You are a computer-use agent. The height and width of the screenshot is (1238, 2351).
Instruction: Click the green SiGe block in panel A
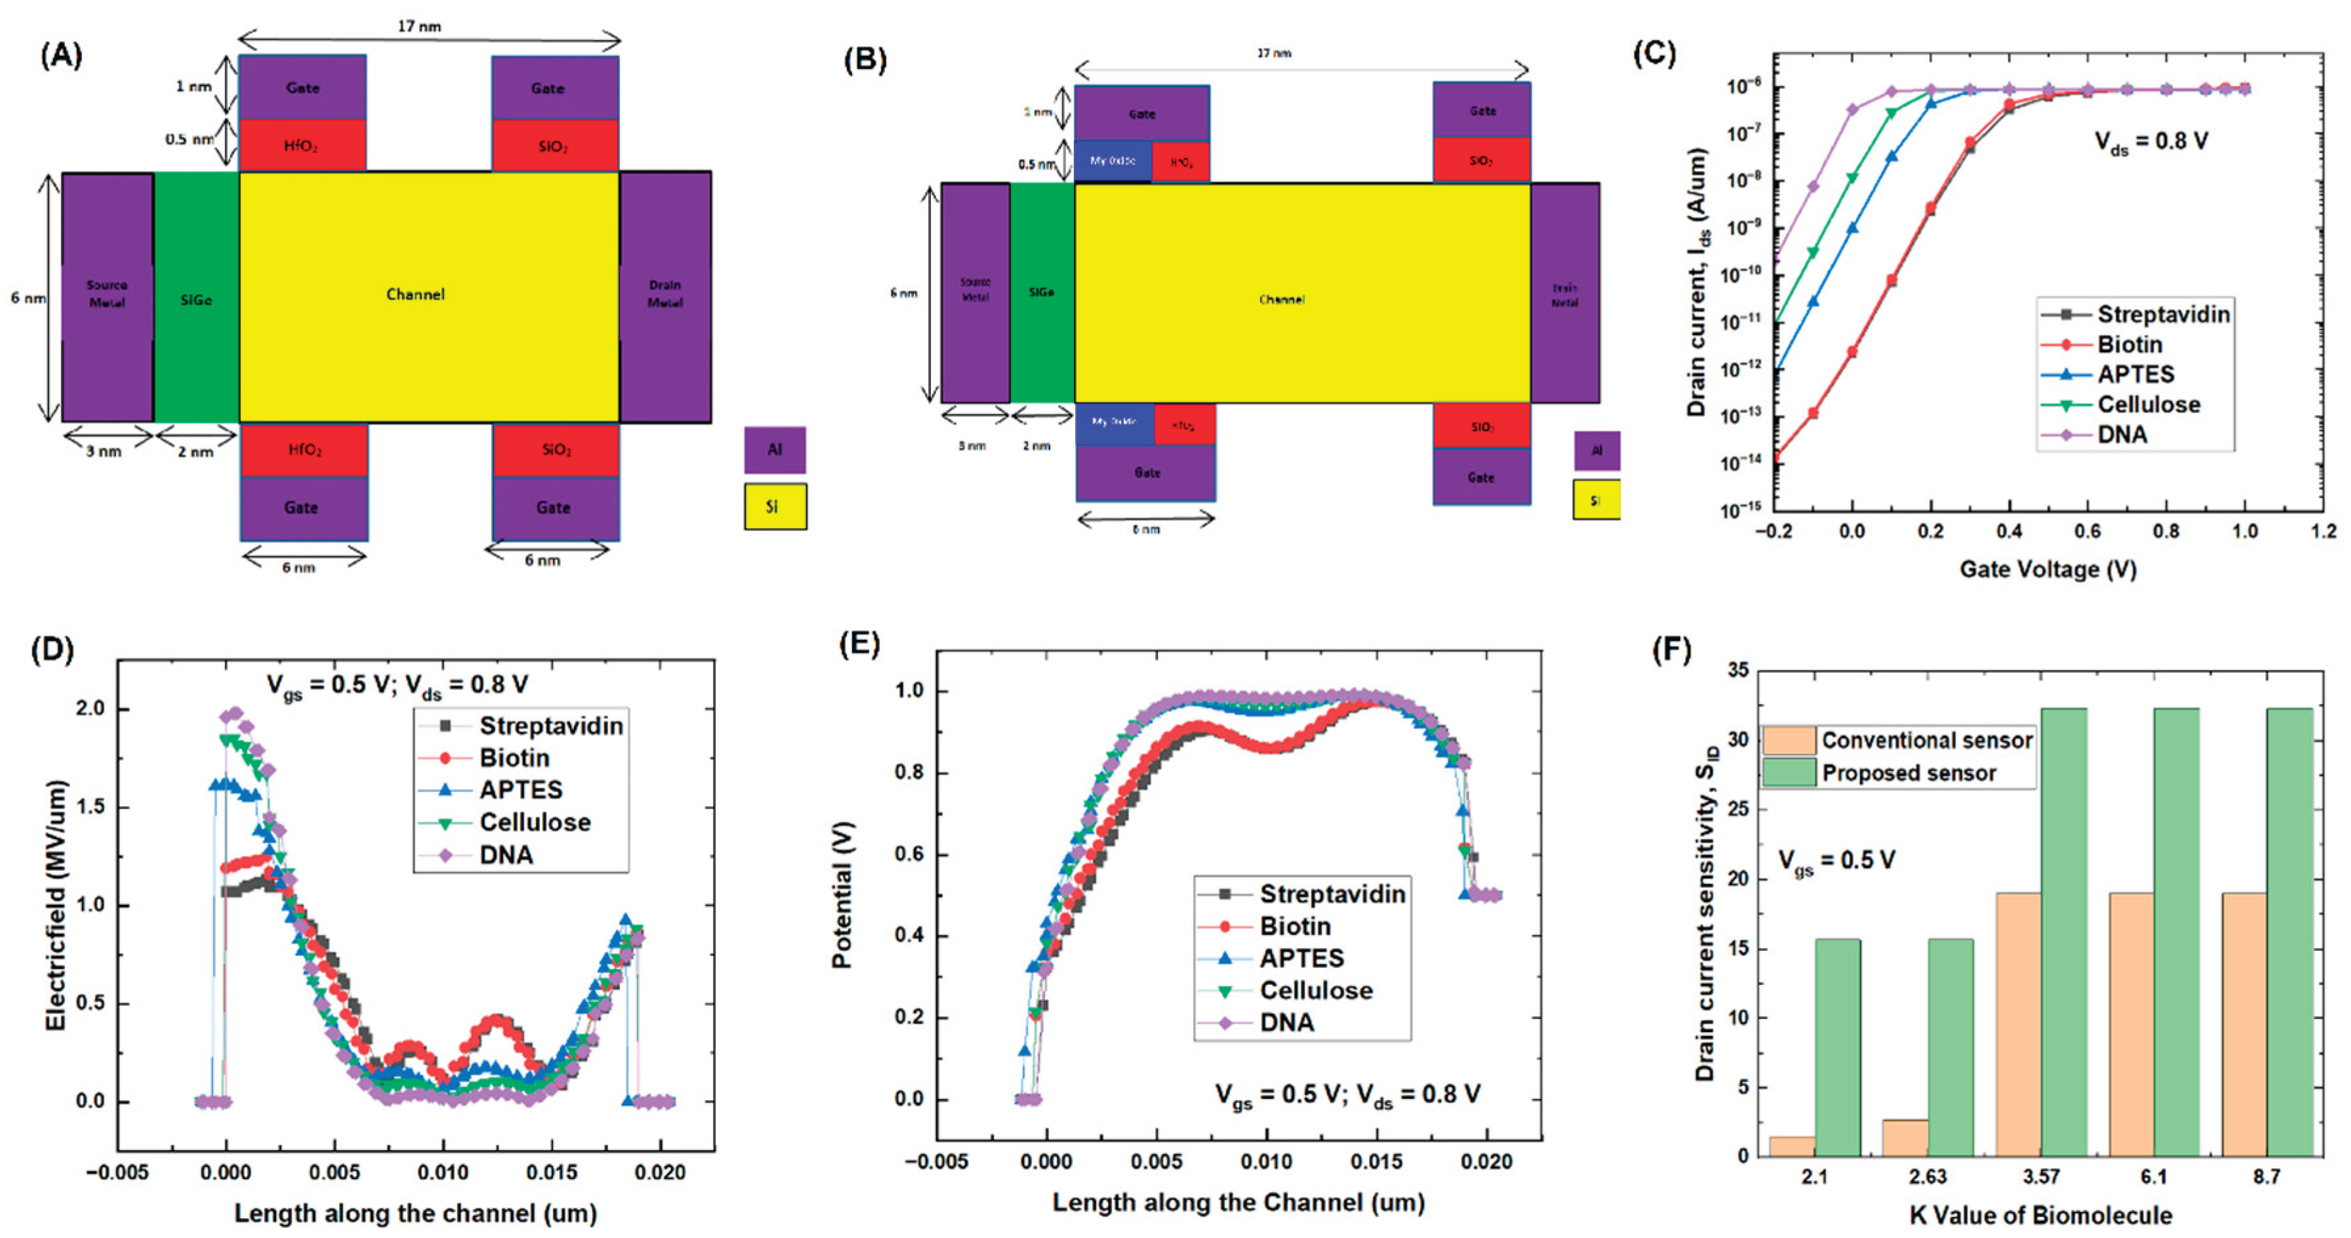coord(196,298)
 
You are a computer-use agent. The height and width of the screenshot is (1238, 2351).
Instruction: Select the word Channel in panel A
coord(415,294)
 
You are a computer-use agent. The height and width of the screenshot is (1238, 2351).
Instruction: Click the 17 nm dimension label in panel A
coord(419,26)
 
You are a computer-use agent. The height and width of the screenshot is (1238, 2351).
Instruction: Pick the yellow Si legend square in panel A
coord(774,506)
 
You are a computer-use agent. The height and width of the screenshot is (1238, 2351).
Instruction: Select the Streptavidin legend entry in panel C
coord(2162,314)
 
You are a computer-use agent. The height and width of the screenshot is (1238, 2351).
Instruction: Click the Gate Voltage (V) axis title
coord(2048,569)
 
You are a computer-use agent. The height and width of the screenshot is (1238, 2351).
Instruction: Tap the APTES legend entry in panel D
coord(520,790)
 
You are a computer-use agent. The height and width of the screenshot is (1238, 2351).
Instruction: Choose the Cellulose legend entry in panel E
coord(1315,991)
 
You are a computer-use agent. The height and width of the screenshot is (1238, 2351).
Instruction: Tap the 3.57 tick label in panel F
coord(2041,1178)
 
